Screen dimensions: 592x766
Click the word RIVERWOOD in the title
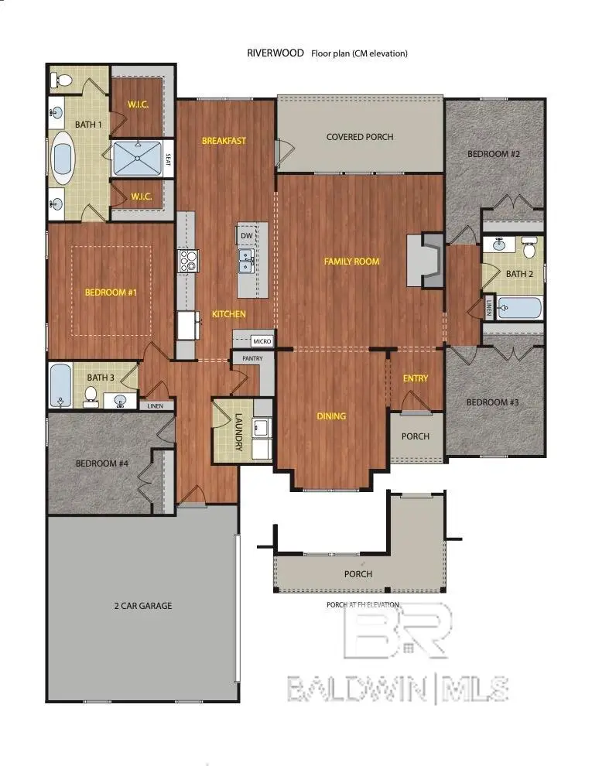(x=275, y=53)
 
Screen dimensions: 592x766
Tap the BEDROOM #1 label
(x=111, y=292)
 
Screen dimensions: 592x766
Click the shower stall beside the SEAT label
(x=137, y=159)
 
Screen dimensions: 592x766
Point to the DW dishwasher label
(x=247, y=235)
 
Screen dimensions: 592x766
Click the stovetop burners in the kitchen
(x=189, y=261)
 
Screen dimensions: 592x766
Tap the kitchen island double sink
(x=245, y=261)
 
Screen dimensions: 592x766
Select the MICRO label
(x=262, y=341)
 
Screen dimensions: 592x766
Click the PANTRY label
(x=252, y=358)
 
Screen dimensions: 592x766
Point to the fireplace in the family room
(x=425, y=261)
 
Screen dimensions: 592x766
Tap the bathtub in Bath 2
(x=519, y=308)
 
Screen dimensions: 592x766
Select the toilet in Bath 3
(x=91, y=395)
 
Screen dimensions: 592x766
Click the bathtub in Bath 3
(x=61, y=385)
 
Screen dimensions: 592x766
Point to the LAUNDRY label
(x=239, y=432)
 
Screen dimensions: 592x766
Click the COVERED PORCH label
(x=360, y=137)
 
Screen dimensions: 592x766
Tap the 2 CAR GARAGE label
(x=143, y=606)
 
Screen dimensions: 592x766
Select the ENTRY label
(x=416, y=378)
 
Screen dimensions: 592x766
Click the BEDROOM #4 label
(x=102, y=463)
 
